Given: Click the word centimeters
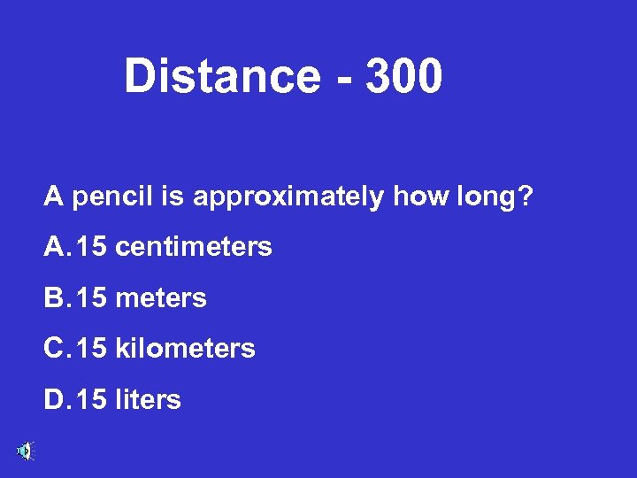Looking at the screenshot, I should tap(194, 247).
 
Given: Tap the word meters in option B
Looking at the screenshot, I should tap(161, 298).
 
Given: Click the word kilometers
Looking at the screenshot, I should tap(185, 349).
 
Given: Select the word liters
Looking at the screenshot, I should tap(148, 400).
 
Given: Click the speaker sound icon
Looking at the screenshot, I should tap(24, 451).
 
